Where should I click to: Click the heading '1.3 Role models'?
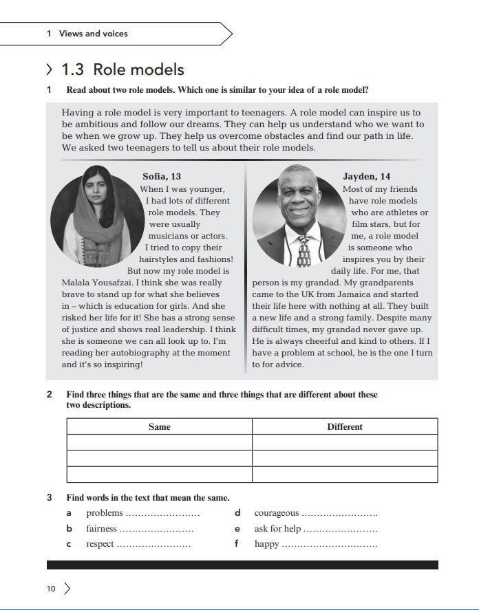[x=123, y=69]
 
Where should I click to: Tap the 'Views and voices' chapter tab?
[x=93, y=33]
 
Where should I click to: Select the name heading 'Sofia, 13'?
[x=162, y=177]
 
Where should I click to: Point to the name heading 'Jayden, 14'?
[x=366, y=177]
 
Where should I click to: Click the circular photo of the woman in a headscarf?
[x=96, y=210]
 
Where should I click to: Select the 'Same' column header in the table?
[x=159, y=426]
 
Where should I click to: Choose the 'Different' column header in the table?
[x=344, y=426]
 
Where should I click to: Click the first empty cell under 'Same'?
[x=159, y=442]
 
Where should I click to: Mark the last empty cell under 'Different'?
[x=344, y=475]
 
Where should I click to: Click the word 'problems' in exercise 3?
[x=104, y=513]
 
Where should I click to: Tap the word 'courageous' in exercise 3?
[x=276, y=513]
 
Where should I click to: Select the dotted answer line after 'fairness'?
[x=156, y=530]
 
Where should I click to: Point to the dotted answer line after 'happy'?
[x=330, y=545]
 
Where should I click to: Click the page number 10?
[x=51, y=589]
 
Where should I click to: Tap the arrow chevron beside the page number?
[x=67, y=589]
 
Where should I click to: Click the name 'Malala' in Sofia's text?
[x=76, y=283]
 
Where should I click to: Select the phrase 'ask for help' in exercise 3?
[x=277, y=529]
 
